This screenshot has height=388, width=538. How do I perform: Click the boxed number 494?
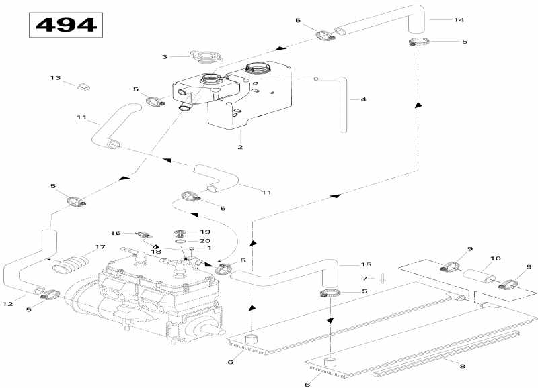[x=66, y=25]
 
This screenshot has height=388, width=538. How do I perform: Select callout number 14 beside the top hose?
[x=459, y=20]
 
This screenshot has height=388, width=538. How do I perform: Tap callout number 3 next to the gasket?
[x=165, y=56]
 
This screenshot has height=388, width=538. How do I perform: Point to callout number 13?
[x=55, y=78]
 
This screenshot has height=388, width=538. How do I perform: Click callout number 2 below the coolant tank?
[x=240, y=147]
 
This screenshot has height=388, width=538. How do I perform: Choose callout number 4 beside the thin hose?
[x=363, y=99]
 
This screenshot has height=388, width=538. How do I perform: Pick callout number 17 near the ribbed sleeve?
[x=100, y=247]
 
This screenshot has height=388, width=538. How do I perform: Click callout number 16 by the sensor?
[x=116, y=233]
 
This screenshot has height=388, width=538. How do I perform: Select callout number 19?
[x=205, y=232]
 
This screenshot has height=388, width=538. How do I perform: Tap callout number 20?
[x=205, y=241]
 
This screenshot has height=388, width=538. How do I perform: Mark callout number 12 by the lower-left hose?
[x=8, y=304]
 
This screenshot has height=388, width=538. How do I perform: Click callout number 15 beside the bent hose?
[x=366, y=264]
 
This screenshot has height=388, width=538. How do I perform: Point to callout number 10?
[x=496, y=258]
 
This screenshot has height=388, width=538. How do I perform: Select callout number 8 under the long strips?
[x=463, y=366]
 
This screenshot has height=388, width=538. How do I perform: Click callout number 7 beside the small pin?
[x=364, y=278]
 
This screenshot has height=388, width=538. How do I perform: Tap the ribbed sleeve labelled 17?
[x=71, y=266]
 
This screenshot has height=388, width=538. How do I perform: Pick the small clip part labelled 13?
[x=83, y=87]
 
